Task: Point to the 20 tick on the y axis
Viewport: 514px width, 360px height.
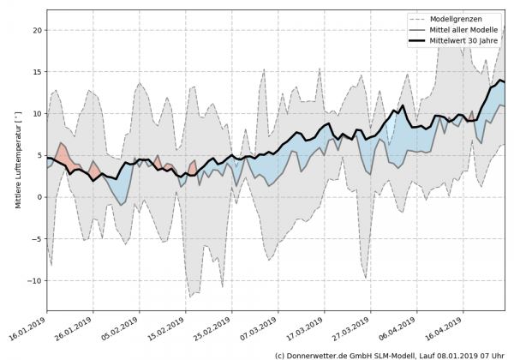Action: [x=37, y=30]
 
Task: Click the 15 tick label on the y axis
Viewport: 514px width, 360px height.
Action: [x=37, y=72]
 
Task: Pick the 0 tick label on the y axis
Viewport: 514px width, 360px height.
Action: [x=39, y=197]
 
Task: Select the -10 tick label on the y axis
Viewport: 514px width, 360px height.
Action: [x=34, y=281]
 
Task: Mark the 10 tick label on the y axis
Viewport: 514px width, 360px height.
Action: [x=37, y=114]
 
